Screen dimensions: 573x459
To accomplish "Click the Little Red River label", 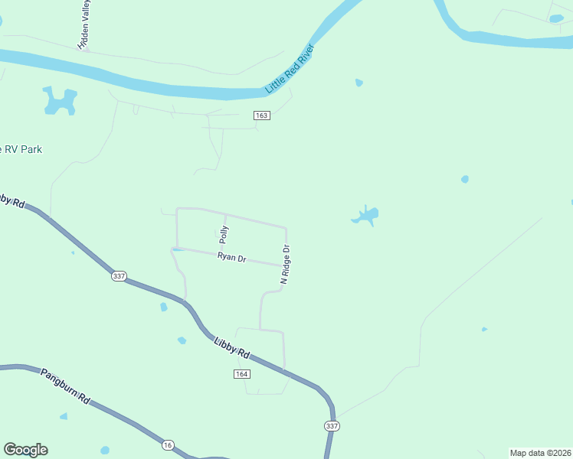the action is coord(291,69).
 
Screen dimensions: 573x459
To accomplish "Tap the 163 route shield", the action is coord(262,115).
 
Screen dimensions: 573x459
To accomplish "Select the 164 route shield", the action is coord(242,373).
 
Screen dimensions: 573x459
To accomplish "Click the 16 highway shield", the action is coord(168,444).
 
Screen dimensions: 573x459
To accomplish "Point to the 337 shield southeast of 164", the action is coord(332,425).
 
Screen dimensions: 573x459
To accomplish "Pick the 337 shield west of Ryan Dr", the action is coord(118,276).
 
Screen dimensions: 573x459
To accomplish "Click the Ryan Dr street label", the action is coord(231,259).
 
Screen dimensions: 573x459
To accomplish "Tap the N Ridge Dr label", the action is coord(285,265).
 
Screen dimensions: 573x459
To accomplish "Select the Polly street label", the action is coord(224,233).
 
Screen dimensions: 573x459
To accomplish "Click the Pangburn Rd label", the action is coord(66,388).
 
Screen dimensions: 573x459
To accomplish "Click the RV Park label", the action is coord(21,150).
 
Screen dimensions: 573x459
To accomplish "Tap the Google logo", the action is coord(25,450).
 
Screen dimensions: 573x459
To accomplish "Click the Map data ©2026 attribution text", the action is coord(540,452).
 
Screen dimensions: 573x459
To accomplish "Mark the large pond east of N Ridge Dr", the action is coord(366,216).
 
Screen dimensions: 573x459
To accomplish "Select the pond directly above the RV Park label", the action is coord(60,100).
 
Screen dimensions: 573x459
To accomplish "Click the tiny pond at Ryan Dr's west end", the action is coord(178,249).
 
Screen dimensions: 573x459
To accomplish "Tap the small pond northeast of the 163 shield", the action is coord(359,83).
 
